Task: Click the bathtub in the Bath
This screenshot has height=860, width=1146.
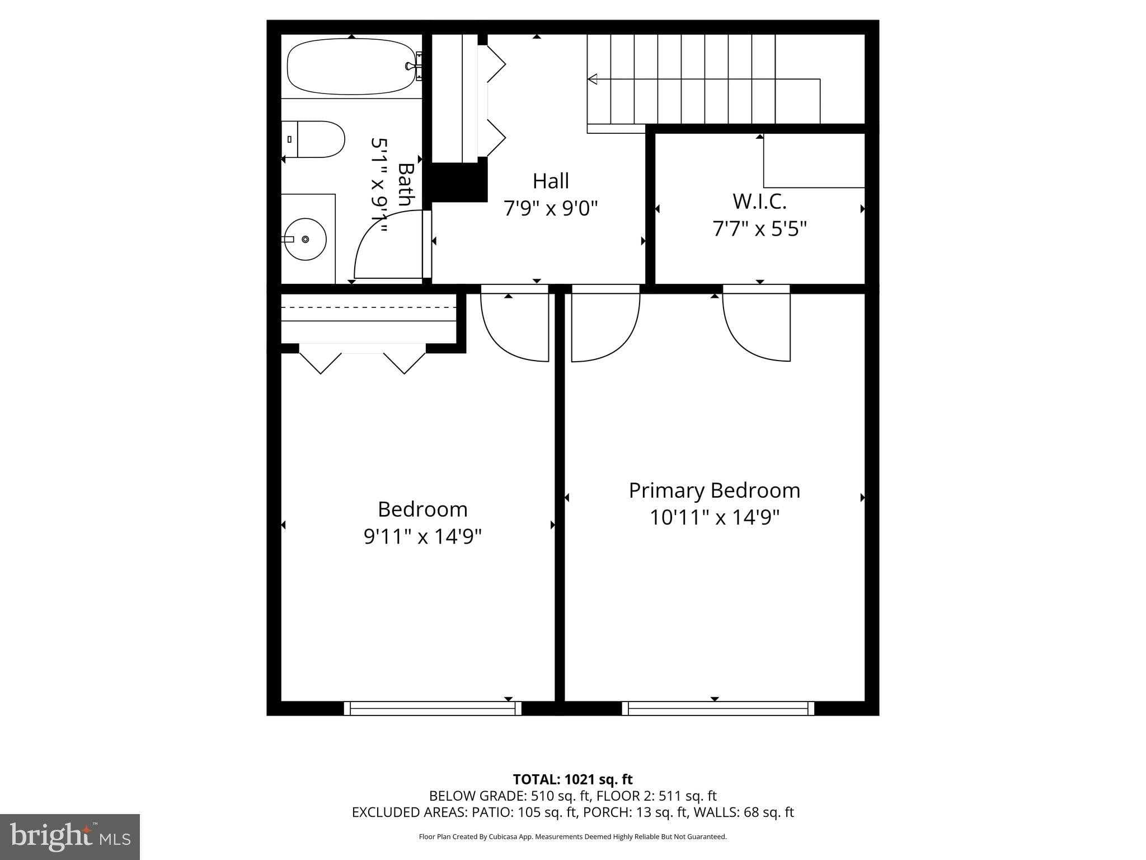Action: point(352,67)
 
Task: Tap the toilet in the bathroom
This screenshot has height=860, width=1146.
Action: point(316,139)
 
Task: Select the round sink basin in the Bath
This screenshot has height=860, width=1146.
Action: point(306,239)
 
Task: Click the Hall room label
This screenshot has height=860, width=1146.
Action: point(551,181)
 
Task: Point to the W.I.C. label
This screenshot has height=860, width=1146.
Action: point(759,201)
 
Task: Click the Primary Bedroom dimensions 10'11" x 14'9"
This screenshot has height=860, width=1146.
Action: point(714,517)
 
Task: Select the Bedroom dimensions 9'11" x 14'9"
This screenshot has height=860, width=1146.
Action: point(422,536)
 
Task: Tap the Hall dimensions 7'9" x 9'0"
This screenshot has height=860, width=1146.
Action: point(551,208)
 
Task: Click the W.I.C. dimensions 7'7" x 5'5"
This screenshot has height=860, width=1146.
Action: point(759,228)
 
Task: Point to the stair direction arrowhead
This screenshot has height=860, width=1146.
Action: point(592,79)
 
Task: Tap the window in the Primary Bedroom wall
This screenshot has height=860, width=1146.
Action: point(718,708)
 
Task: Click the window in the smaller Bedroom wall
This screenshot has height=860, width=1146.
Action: point(433,708)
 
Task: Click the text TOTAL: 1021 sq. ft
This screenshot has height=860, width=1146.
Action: point(572,779)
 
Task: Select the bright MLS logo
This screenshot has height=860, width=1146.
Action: point(70,836)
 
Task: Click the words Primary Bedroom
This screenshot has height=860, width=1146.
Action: point(714,490)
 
